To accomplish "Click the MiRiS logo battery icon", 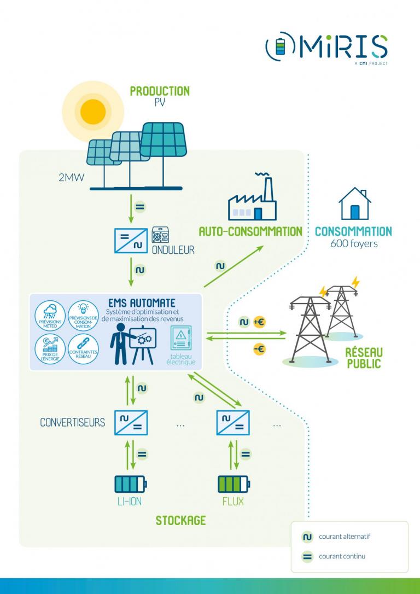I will pos(279,48).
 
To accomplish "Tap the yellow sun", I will pos(92,111).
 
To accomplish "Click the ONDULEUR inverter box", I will pos(131,241).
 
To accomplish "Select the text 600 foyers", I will pos(354,244).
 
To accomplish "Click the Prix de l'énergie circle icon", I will pos(50,348).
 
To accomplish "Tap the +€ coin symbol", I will pos(259,323).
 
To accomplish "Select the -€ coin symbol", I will pos(259,348).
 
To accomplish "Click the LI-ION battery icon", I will pos(130,484).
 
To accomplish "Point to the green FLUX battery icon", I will pos(233,484).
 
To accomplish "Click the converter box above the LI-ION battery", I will pos(131,423).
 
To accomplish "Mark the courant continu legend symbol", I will pos(307,557).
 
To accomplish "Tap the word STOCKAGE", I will pos(180,520).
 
